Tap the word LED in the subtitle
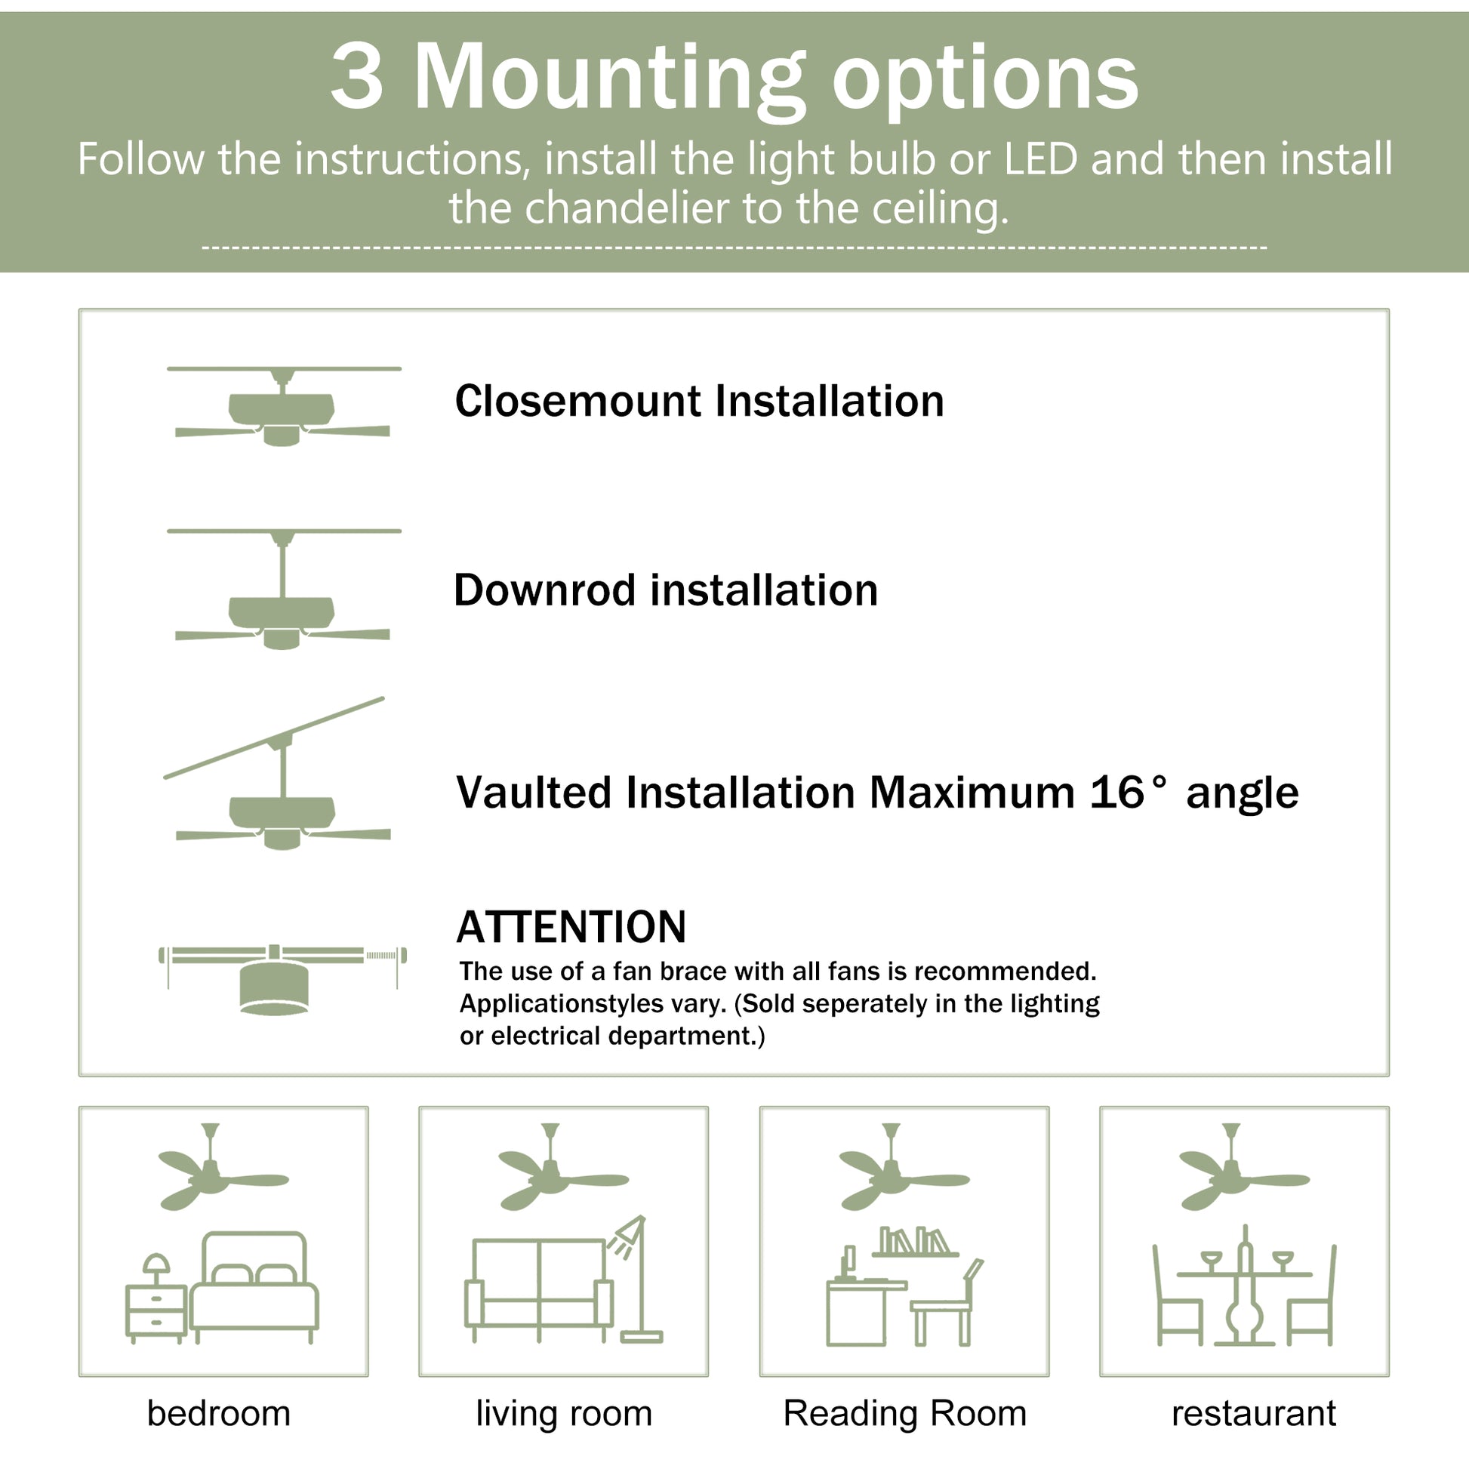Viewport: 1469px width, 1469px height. click(1041, 159)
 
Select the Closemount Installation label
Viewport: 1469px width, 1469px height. click(699, 401)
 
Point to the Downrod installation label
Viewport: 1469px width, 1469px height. click(665, 590)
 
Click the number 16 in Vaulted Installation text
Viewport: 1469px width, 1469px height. click(1116, 793)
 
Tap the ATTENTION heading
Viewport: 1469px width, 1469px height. click(571, 927)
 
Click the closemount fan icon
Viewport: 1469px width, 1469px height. click(283, 408)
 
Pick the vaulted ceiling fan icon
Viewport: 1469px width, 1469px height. click(282, 783)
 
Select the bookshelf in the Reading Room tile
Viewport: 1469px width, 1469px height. click(915, 1241)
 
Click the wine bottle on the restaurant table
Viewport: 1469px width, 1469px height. click(1245, 1262)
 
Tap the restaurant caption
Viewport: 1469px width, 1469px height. click(1253, 1413)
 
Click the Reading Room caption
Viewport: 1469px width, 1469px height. click(905, 1413)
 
